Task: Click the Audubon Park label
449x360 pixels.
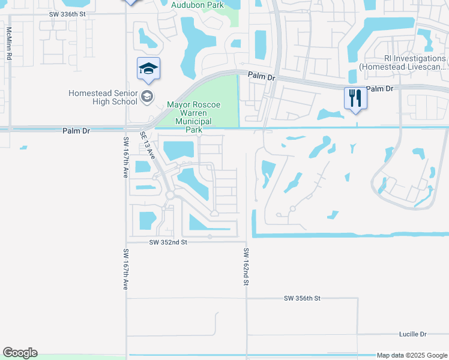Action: pos(197,5)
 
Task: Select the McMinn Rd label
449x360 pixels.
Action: pos(9,44)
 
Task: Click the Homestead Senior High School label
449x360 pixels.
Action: pos(102,97)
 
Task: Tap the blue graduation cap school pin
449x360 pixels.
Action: pos(148,70)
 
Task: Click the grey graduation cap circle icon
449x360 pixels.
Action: pos(146,96)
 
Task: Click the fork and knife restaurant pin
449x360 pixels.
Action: pos(355,97)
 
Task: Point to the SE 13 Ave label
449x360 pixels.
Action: pos(148,146)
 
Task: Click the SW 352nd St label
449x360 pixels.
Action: pos(169,242)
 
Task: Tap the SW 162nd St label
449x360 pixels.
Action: pos(246,266)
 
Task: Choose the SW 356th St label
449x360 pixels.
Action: pos(303,298)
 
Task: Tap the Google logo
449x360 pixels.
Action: pos(20,353)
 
